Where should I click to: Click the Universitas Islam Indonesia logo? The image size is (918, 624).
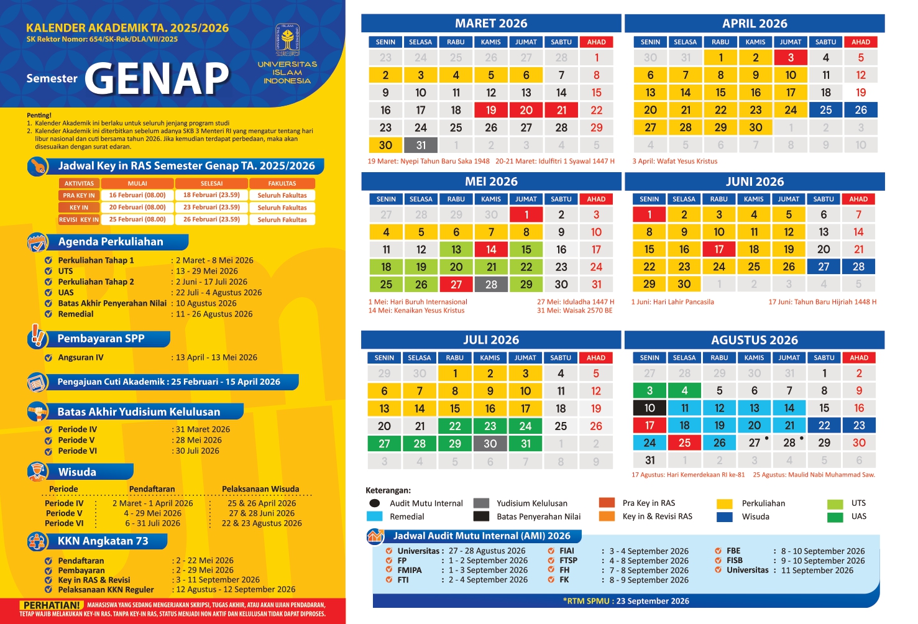[x=287, y=40]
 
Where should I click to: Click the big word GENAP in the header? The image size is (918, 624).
[x=157, y=79]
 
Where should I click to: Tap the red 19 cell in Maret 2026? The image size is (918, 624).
[x=491, y=110]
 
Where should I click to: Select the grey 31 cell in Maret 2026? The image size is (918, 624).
[x=421, y=145]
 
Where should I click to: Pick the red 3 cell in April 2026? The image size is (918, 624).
[x=791, y=58]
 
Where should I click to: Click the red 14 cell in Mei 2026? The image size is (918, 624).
[x=491, y=249]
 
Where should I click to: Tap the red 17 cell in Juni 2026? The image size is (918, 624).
[x=719, y=249]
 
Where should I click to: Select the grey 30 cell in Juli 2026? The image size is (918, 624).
[x=490, y=444]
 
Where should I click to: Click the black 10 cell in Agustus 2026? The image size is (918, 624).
[x=649, y=408]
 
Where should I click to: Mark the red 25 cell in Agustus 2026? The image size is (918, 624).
[x=684, y=443]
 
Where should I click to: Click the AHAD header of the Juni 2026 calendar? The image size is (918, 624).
[x=858, y=199]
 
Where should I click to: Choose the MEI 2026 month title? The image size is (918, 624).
[x=491, y=181]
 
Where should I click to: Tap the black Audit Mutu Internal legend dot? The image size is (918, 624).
[x=374, y=503]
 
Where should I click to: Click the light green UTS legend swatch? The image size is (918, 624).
[x=835, y=503]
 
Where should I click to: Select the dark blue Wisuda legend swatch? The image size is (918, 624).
[x=724, y=516]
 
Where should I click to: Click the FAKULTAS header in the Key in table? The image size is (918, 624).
[x=282, y=183]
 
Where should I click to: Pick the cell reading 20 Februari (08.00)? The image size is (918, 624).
[x=137, y=208]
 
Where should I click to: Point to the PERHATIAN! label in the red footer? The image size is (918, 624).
[x=52, y=605]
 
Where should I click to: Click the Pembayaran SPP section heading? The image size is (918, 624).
[x=101, y=339]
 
